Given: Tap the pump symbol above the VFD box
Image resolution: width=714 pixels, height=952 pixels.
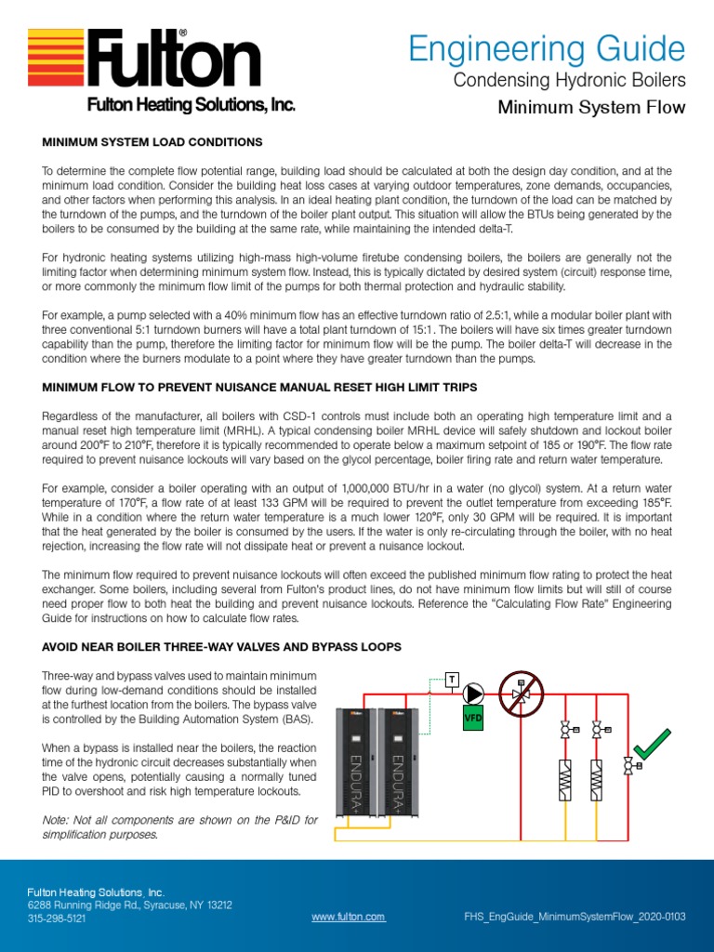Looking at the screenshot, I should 475,693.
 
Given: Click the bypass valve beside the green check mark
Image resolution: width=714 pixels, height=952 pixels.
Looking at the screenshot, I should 629,765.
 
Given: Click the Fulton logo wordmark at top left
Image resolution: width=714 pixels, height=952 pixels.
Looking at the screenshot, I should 175,60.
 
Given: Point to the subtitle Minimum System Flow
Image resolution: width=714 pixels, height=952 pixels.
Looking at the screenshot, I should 591,108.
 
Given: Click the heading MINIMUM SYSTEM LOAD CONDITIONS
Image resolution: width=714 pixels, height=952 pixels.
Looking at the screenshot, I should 152,142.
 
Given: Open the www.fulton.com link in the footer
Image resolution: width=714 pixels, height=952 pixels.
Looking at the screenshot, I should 348,917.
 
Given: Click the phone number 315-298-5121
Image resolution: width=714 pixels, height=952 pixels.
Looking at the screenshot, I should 57,918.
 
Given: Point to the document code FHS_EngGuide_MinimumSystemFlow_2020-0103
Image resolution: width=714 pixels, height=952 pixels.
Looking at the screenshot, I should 574,917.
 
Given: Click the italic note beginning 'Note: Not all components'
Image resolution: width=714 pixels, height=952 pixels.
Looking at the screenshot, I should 180,826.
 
